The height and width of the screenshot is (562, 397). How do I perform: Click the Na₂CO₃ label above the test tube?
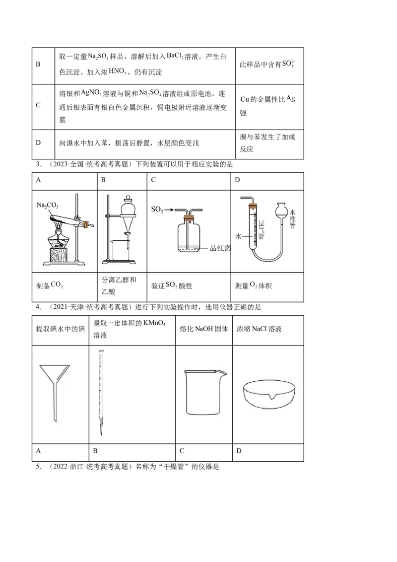[x=47, y=206]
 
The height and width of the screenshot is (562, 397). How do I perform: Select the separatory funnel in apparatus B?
[x=128, y=215]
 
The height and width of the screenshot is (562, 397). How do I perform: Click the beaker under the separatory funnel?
[x=121, y=250]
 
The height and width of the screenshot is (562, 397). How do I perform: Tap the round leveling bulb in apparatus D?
[x=281, y=210]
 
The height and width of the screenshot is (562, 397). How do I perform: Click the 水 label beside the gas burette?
[x=239, y=236]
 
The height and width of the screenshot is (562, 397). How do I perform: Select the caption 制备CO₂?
[x=50, y=285]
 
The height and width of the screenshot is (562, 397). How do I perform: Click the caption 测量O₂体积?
[x=253, y=285]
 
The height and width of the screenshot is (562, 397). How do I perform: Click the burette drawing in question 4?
[x=101, y=393]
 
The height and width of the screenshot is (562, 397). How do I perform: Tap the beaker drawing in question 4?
[x=204, y=393]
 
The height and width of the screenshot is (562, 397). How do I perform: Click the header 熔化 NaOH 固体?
[x=204, y=329]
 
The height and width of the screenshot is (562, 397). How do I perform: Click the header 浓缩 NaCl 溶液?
[x=259, y=329]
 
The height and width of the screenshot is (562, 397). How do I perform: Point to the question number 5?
[x=39, y=467]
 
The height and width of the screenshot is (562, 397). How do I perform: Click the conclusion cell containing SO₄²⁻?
[x=269, y=66]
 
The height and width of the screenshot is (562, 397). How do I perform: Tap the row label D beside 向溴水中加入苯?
[x=38, y=142]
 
